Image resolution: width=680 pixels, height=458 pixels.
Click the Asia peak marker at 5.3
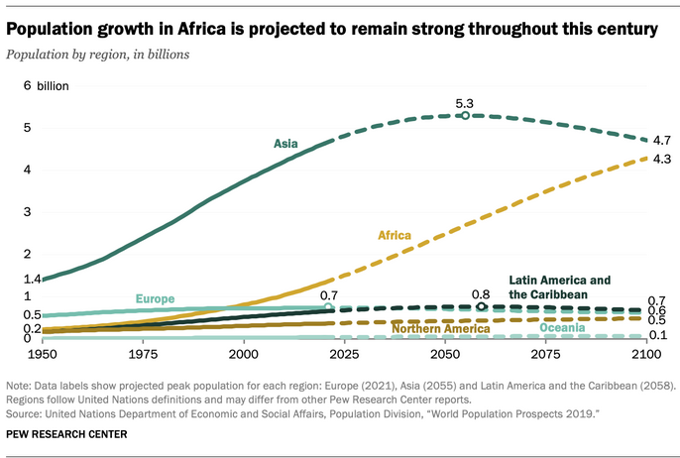pyautogui.click(x=465, y=115)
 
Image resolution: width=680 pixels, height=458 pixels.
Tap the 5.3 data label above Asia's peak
pyautogui.click(x=464, y=104)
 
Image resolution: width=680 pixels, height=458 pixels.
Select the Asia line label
pyautogui.click(x=285, y=144)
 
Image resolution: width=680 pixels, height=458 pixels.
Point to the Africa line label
pyautogui.click(x=395, y=235)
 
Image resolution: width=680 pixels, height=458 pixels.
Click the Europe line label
pyautogui.click(x=155, y=298)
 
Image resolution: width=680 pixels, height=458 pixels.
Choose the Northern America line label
pyautogui.click(x=441, y=328)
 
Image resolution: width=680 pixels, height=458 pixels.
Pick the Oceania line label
pyautogui.click(x=562, y=327)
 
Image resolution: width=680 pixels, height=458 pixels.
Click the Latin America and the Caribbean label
pyautogui.click(x=559, y=287)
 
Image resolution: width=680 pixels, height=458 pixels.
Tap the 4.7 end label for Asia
pyautogui.click(x=662, y=140)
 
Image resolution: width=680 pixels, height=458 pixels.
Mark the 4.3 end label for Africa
pyautogui.click(x=662, y=160)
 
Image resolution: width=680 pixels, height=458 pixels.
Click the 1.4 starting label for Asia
pyautogui.click(x=32, y=279)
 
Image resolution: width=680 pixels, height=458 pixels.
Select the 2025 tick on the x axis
pyautogui.click(x=344, y=354)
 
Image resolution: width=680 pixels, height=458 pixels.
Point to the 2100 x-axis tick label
pyautogui.click(x=646, y=354)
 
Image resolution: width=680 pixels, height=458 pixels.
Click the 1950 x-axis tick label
pyautogui.click(x=42, y=354)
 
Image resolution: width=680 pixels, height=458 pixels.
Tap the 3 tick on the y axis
pyautogui.click(x=28, y=212)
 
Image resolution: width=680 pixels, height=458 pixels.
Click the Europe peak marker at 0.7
pyautogui.click(x=328, y=307)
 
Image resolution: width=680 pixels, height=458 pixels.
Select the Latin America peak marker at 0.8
pyautogui.click(x=481, y=306)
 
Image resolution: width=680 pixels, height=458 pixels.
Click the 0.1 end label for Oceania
pyautogui.click(x=658, y=335)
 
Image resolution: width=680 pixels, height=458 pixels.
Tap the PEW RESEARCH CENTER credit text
pyautogui.click(x=66, y=434)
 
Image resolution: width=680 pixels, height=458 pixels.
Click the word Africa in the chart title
pyautogui.click(x=201, y=29)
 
